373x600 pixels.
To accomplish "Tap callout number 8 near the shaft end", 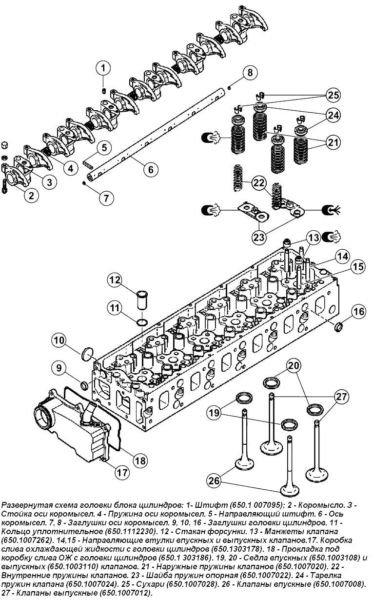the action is (250, 73).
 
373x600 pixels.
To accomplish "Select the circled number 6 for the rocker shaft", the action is (151, 169).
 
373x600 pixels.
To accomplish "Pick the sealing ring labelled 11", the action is (142, 323).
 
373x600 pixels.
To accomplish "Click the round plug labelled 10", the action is (88, 354).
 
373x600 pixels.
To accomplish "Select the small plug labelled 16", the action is (339, 326).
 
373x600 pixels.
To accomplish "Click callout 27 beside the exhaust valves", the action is (341, 397).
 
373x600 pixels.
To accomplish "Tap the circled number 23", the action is (259, 237).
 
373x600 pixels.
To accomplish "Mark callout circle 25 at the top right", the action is (334, 95).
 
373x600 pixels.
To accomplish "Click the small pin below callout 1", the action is (104, 91).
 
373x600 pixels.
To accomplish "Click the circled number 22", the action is (259, 183).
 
